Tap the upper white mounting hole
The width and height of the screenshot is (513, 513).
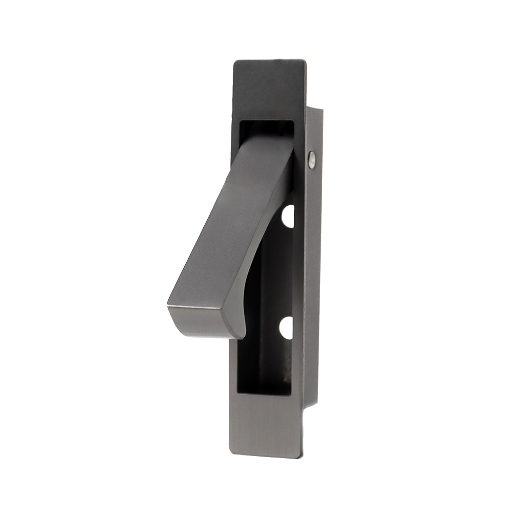(x=288, y=215)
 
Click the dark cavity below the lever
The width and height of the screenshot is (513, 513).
(x=267, y=359)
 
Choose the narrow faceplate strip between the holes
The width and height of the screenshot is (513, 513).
(x=298, y=272)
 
